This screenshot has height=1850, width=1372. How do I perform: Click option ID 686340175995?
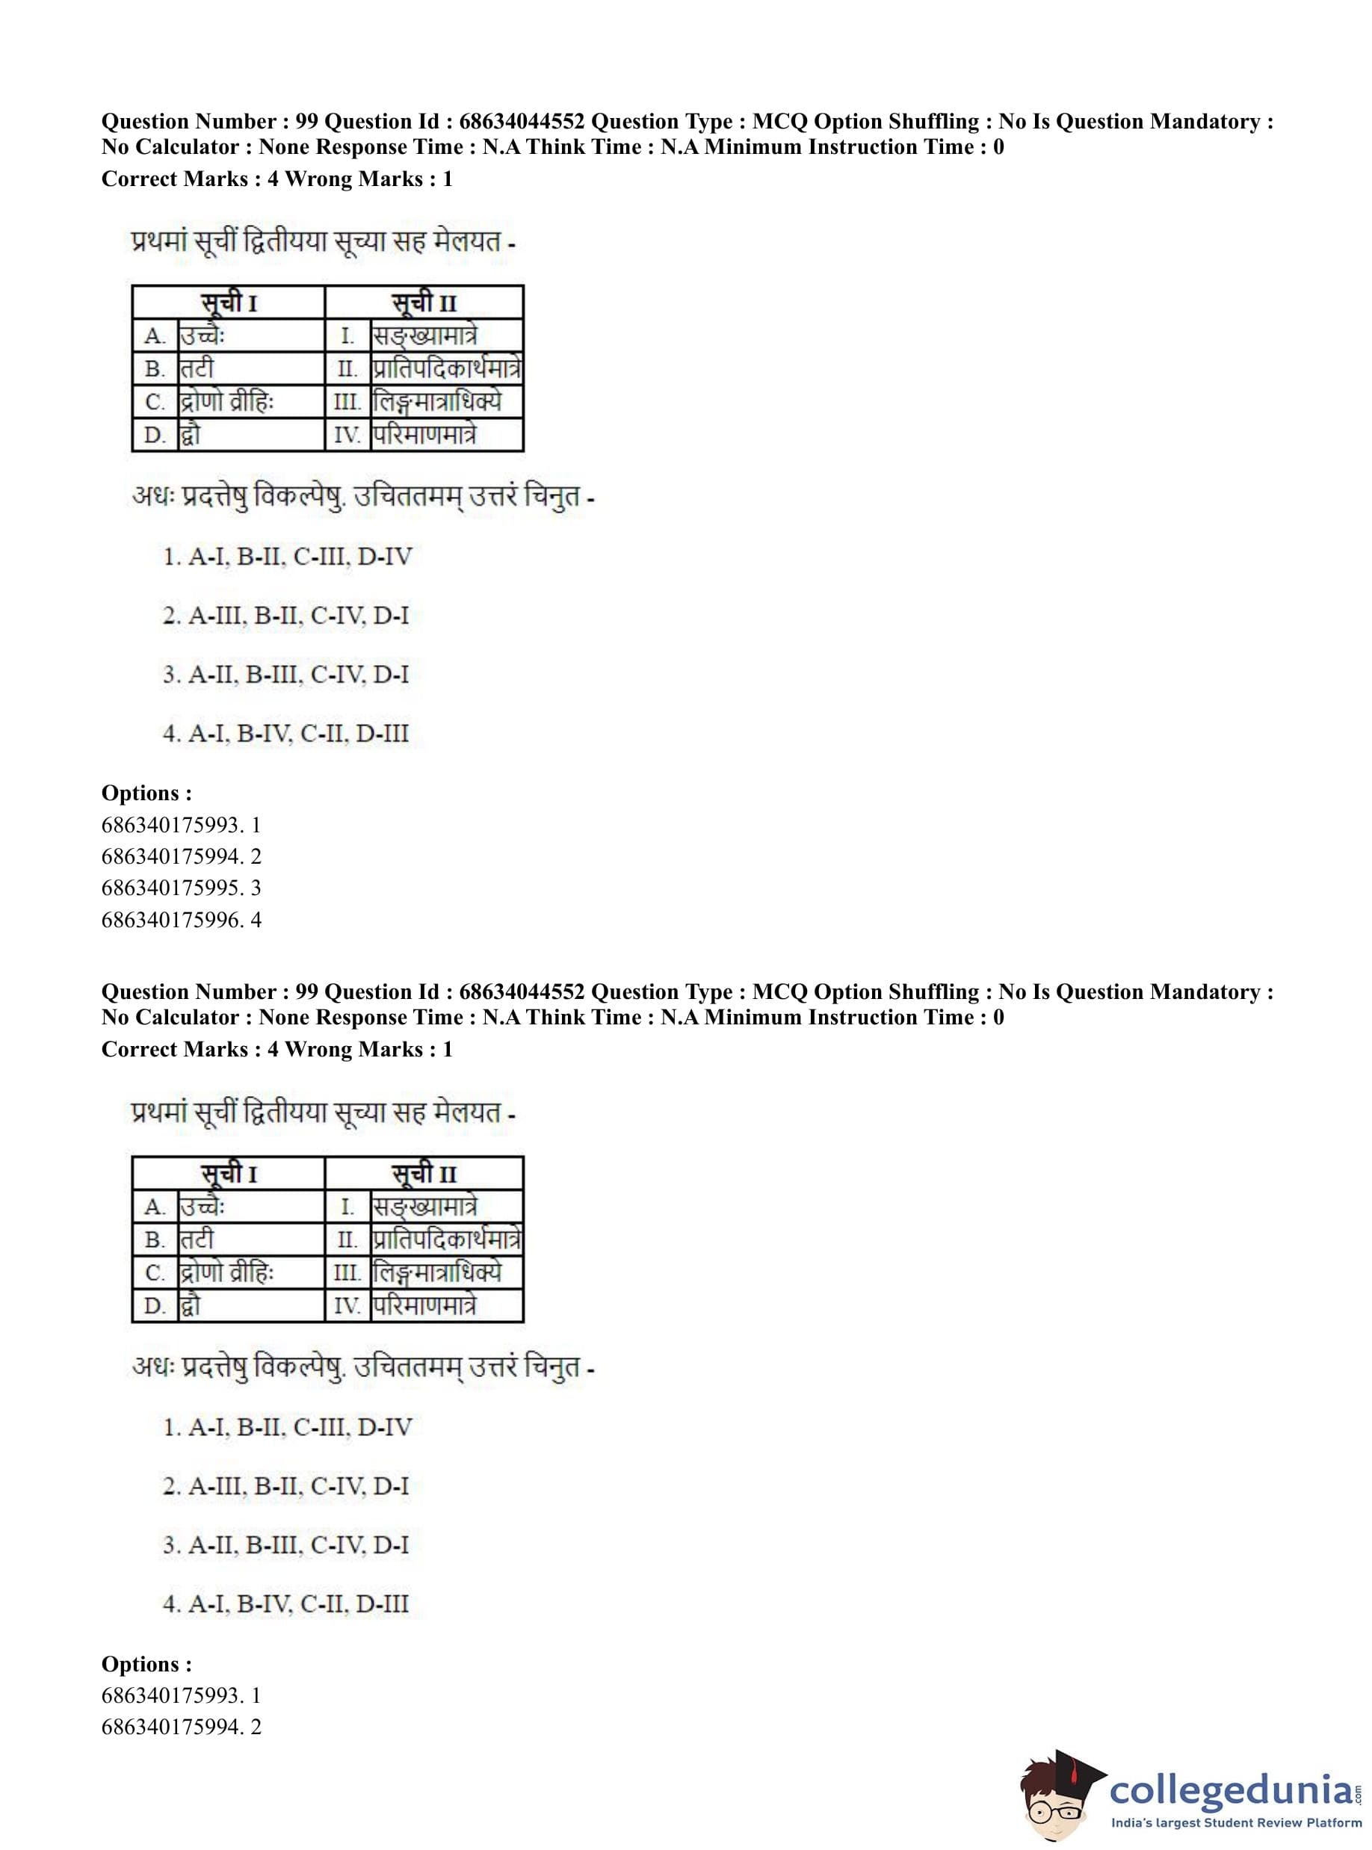pos(181,888)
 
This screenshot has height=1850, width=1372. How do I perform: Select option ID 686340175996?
pos(181,919)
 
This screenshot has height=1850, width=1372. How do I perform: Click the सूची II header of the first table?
pos(424,303)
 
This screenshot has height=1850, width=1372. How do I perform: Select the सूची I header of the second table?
pos(229,1174)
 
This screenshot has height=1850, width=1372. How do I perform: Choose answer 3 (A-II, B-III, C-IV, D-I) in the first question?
pos(285,674)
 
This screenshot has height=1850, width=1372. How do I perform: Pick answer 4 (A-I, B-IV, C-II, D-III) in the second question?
pos(285,1603)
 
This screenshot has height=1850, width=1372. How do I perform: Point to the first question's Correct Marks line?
pos(276,179)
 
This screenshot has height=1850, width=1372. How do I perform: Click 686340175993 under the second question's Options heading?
pos(181,1695)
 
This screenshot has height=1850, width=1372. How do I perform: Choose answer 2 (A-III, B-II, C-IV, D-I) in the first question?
pos(285,615)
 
